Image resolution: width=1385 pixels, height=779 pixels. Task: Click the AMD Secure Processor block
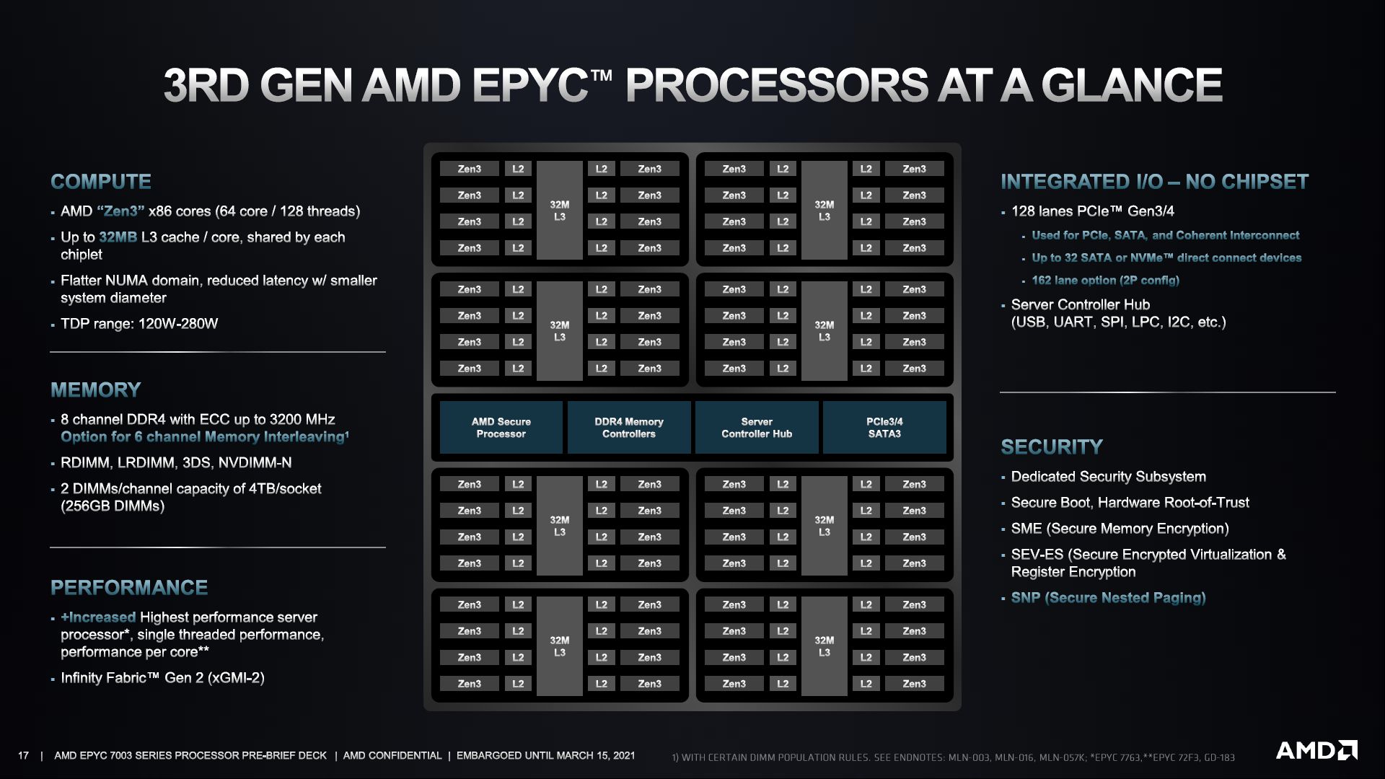[501, 428]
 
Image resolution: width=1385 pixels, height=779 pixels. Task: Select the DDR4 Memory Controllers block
[628, 428]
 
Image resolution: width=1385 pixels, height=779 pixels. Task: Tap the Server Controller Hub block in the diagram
[756, 428]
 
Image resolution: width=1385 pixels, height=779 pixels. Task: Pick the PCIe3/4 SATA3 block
[884, 428]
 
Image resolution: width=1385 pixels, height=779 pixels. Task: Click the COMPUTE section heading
[101, 182]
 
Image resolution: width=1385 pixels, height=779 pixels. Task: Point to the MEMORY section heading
[96, 390]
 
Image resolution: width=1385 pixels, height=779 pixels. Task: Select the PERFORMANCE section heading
[129, 588]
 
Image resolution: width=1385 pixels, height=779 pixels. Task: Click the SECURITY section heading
[1051, 447]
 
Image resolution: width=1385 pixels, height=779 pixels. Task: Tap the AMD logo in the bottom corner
[1316, 751]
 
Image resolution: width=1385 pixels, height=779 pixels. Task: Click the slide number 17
[24, 756]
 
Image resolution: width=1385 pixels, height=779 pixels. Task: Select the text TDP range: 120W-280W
[139, 324]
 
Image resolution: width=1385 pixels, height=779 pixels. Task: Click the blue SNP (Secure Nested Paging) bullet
[1108, 598]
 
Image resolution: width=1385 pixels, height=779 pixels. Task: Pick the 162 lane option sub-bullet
[1105, 281]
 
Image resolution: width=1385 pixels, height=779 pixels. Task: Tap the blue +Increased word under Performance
[99, 617]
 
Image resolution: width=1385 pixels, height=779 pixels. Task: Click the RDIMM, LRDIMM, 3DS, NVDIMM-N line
[176, 463]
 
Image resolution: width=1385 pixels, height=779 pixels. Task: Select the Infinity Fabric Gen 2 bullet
[162, 678]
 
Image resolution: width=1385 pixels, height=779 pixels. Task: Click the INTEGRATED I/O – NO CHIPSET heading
[1154, 182]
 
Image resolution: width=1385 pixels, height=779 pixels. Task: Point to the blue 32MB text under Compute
[118, 237]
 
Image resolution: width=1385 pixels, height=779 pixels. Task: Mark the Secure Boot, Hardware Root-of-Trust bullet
[1130, 503]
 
